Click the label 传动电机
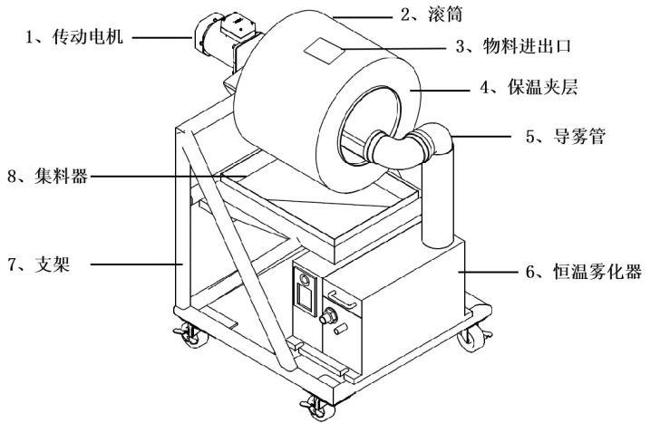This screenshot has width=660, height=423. (88, 37)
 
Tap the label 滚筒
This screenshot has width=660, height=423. (445, 14)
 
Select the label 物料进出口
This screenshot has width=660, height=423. (527, 46)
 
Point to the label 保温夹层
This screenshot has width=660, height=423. (542, 87)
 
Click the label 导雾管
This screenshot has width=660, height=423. (579, 136)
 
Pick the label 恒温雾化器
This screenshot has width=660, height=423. (597, 271)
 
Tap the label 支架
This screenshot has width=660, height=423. (53, 264)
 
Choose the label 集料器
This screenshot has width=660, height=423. (61, 176)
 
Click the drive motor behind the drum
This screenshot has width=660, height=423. (225, 40)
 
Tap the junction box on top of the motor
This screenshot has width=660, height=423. (238, 24)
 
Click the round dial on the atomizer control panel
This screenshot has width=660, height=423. (305, 280)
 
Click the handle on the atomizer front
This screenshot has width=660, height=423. (342, 300)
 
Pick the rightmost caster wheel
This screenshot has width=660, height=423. (474, 338)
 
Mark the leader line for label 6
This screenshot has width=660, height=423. (489, 272)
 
